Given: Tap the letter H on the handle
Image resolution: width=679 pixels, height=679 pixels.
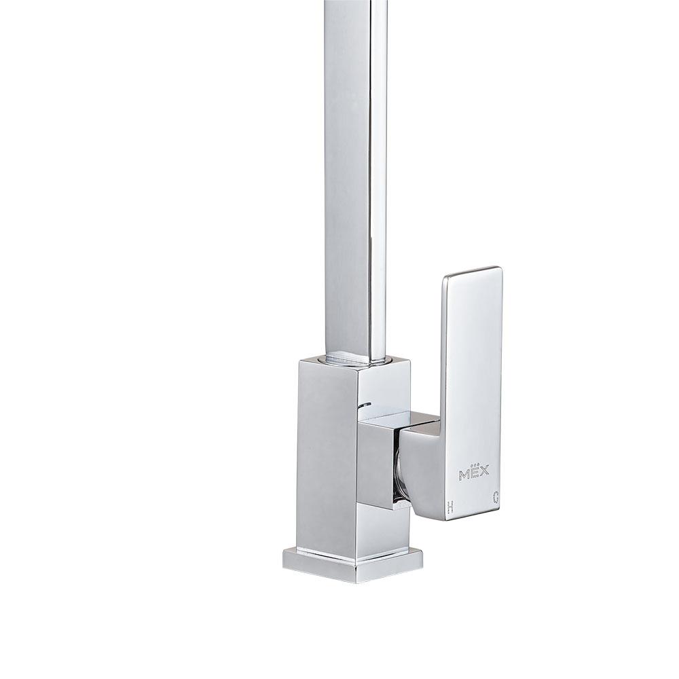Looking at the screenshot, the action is tap(451, 507).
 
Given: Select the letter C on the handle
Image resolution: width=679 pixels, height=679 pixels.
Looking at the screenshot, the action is tap(496, 498).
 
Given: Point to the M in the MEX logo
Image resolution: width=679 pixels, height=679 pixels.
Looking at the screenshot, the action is tap(463, 475).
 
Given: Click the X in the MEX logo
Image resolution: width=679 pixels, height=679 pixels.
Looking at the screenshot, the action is tap(483, 471).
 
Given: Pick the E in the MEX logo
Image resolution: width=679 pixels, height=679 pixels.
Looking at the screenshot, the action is tap(473, 472).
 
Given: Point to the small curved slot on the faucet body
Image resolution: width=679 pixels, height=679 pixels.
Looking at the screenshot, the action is tap(365, 405).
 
